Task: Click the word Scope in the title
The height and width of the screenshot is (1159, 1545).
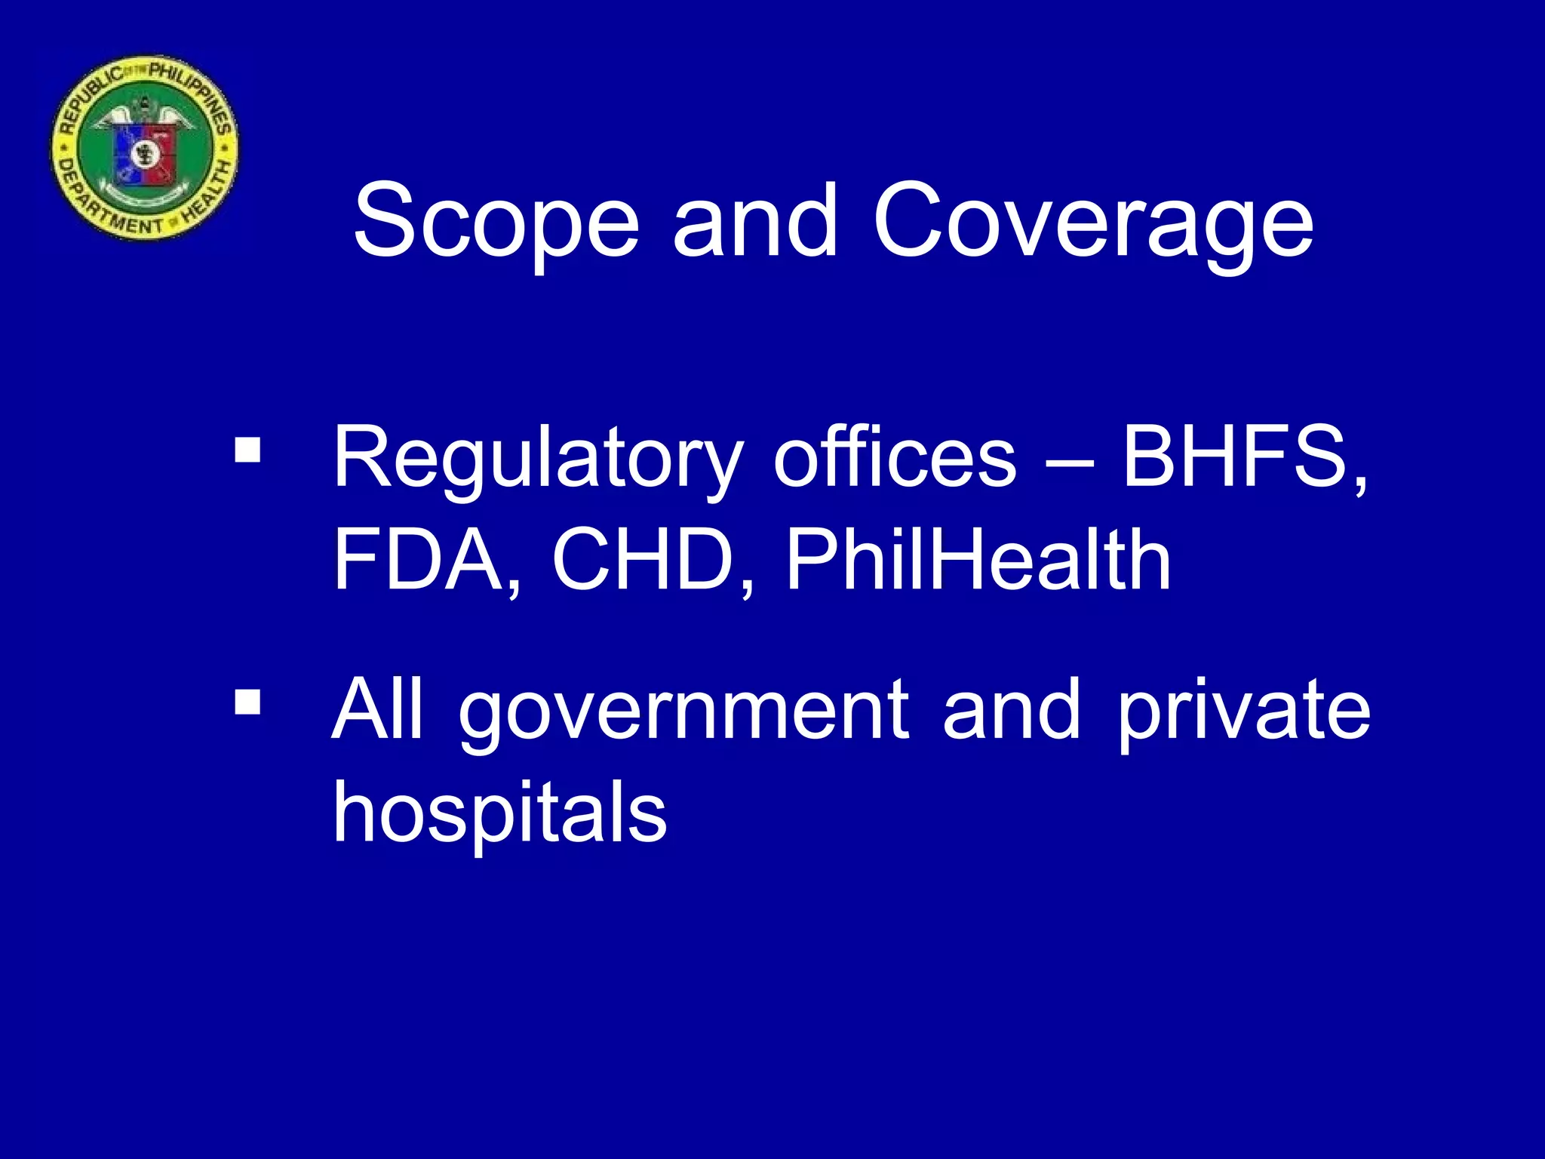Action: (496, 221)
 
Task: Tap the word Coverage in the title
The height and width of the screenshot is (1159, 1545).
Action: (1093, 221)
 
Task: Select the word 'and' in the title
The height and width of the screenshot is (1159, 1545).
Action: (755, 221)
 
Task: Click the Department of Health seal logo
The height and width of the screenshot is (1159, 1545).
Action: (144, 147)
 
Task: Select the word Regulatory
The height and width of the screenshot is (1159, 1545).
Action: (538, 458)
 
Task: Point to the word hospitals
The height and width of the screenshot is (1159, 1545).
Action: (500, 813)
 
